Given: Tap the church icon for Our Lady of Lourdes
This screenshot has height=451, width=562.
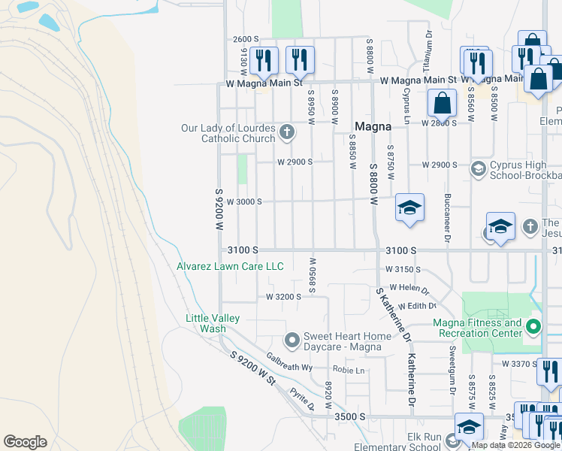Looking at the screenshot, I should (286, 133).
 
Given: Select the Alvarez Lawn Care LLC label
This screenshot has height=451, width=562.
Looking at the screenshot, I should (230, 266).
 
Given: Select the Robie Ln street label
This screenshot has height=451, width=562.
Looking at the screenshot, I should (349, 371).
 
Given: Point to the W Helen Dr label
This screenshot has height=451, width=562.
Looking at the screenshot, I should (406, 289).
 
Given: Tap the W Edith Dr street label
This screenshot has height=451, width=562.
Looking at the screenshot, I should (417, 306).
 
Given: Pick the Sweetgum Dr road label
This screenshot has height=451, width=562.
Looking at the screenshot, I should (452, 369).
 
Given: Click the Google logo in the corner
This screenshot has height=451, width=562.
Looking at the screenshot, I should (25, 442).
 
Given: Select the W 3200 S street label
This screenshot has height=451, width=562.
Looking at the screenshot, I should (283, 297).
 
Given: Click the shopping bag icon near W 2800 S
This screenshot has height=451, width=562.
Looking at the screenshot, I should (443, 102).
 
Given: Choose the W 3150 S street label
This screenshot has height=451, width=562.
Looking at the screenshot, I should (403, 268).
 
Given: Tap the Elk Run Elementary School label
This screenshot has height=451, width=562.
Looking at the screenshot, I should (409, 441).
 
